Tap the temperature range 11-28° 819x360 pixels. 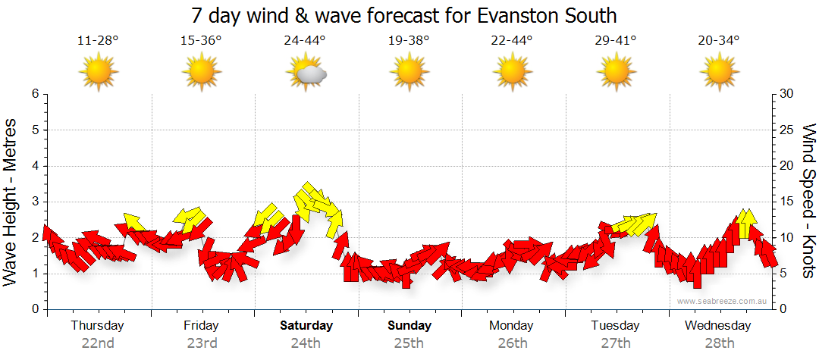pos(98,41)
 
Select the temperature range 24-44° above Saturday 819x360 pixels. pos(305,41)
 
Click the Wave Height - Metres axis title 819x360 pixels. pos(11,202)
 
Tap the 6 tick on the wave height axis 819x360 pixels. pos(35,94)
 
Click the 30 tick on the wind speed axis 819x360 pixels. pos(787,94)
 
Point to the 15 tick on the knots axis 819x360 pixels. pos(787,202)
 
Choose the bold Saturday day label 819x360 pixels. pos(306,326)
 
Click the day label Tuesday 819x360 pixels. pos(615,326)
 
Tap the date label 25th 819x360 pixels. pos(409,343)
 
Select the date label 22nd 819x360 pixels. pos(98,343)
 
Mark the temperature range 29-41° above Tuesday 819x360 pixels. pos(615,41)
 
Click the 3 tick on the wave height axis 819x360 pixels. pos(35,202)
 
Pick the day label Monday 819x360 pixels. pos(512,326)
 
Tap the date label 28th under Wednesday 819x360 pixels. pos(718,343)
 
